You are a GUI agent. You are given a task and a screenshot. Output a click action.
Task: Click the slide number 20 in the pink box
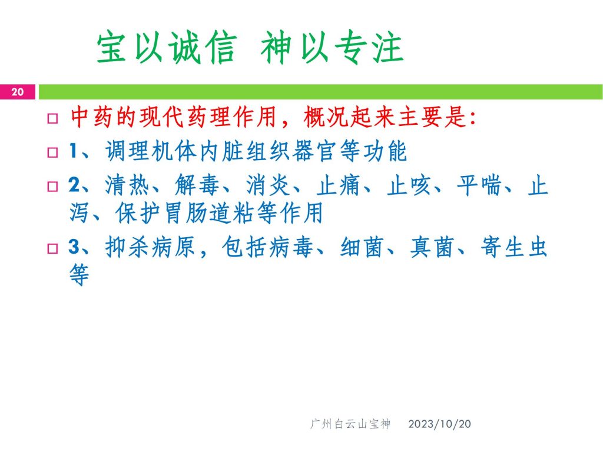17,92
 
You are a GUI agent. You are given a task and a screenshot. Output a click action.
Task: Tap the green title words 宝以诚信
166,47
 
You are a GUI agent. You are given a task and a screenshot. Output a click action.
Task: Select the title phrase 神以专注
332,47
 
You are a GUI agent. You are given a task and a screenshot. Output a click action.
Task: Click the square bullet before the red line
52,118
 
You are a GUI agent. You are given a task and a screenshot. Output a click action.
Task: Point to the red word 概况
326,117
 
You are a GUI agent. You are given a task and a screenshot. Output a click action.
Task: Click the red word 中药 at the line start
92,117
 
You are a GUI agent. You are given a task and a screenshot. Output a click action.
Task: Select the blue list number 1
74,151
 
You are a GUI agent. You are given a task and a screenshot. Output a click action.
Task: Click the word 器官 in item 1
314,151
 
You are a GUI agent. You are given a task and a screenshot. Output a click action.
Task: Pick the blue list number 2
74,185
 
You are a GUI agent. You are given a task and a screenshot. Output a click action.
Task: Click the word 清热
128,185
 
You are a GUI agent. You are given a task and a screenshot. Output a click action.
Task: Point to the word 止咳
409,185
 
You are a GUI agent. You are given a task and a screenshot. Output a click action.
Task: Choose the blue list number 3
74,247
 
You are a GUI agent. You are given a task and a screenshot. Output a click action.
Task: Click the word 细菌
362,247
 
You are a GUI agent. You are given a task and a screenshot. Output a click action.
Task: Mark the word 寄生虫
513,247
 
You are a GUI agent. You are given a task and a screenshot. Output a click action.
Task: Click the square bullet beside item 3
52,248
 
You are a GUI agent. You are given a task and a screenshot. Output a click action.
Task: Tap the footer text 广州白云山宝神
350,424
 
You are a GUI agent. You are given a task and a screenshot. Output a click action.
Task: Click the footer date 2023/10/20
439,424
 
